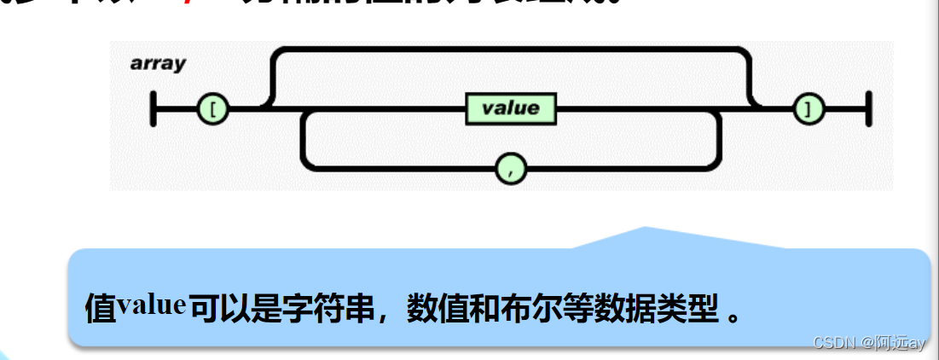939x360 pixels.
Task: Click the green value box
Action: tap(510, 108)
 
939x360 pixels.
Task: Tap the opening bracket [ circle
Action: tap(212, 109)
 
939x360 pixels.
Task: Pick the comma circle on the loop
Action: tap(511, 169)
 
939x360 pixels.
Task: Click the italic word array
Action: tap(158, 64)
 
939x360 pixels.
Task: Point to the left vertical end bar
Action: tap(154, 109)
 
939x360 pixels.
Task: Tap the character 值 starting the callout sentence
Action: tap(100, 309)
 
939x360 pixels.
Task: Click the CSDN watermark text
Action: tap(868, 343)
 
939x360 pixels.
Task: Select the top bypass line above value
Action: tap(510, 50)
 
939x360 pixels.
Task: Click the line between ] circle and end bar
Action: tap(843, 109)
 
